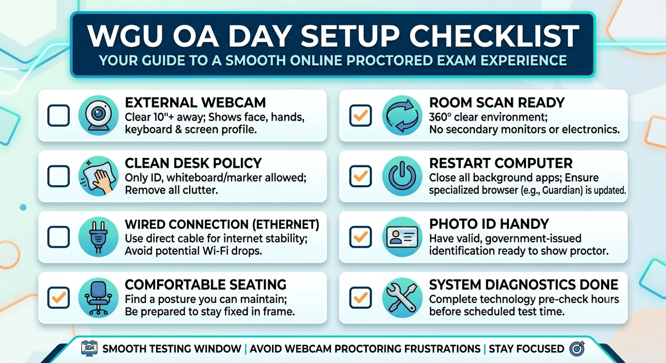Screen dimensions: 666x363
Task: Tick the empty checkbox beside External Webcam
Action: pyautogui.click(x=59, y=115)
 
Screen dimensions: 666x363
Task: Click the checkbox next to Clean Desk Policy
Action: pyautogui.click(x=59, y=176)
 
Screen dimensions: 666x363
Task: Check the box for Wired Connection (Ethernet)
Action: pyautogui.click(x=59, y=237)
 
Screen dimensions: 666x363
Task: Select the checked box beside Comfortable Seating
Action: pyautogui.click(x=59, y=298)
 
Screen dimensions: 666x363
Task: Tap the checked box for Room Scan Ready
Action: pyautogui.click(x=360, y=115)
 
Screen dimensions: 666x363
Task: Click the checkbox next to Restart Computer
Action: pyautogui.click(x=360, y=176)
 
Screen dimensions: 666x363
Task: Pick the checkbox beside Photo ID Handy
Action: pyautogui.click(x=360, y=237)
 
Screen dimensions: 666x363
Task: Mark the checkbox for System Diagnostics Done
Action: pyautogui.click(x=360, y=298)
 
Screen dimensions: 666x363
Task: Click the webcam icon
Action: pyautogui.click(x=98, y=115)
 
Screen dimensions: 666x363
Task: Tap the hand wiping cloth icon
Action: pyautogui.click(x=98, y=176)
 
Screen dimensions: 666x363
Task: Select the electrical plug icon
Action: pyautogui.click(x=98, y=237)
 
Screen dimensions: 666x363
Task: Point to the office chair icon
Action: pyautogui.click(x=98, y=298)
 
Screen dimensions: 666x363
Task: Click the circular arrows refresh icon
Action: pyautogui.click(x=402, y=115)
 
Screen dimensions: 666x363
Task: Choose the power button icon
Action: pyautogui.click(x=402, y=176)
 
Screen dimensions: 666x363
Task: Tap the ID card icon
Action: pyautogui.click(x=402, y=237)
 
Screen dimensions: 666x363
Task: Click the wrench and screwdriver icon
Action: pyautogui.click(x=402, y=298)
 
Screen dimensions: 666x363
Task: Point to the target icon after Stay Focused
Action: pyautogui.click(x=577, y=348)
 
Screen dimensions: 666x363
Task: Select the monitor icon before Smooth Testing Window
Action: pyautogui.click(x=89, y=348)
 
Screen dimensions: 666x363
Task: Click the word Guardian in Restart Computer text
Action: pyautogui.click(x=562, y=191)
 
